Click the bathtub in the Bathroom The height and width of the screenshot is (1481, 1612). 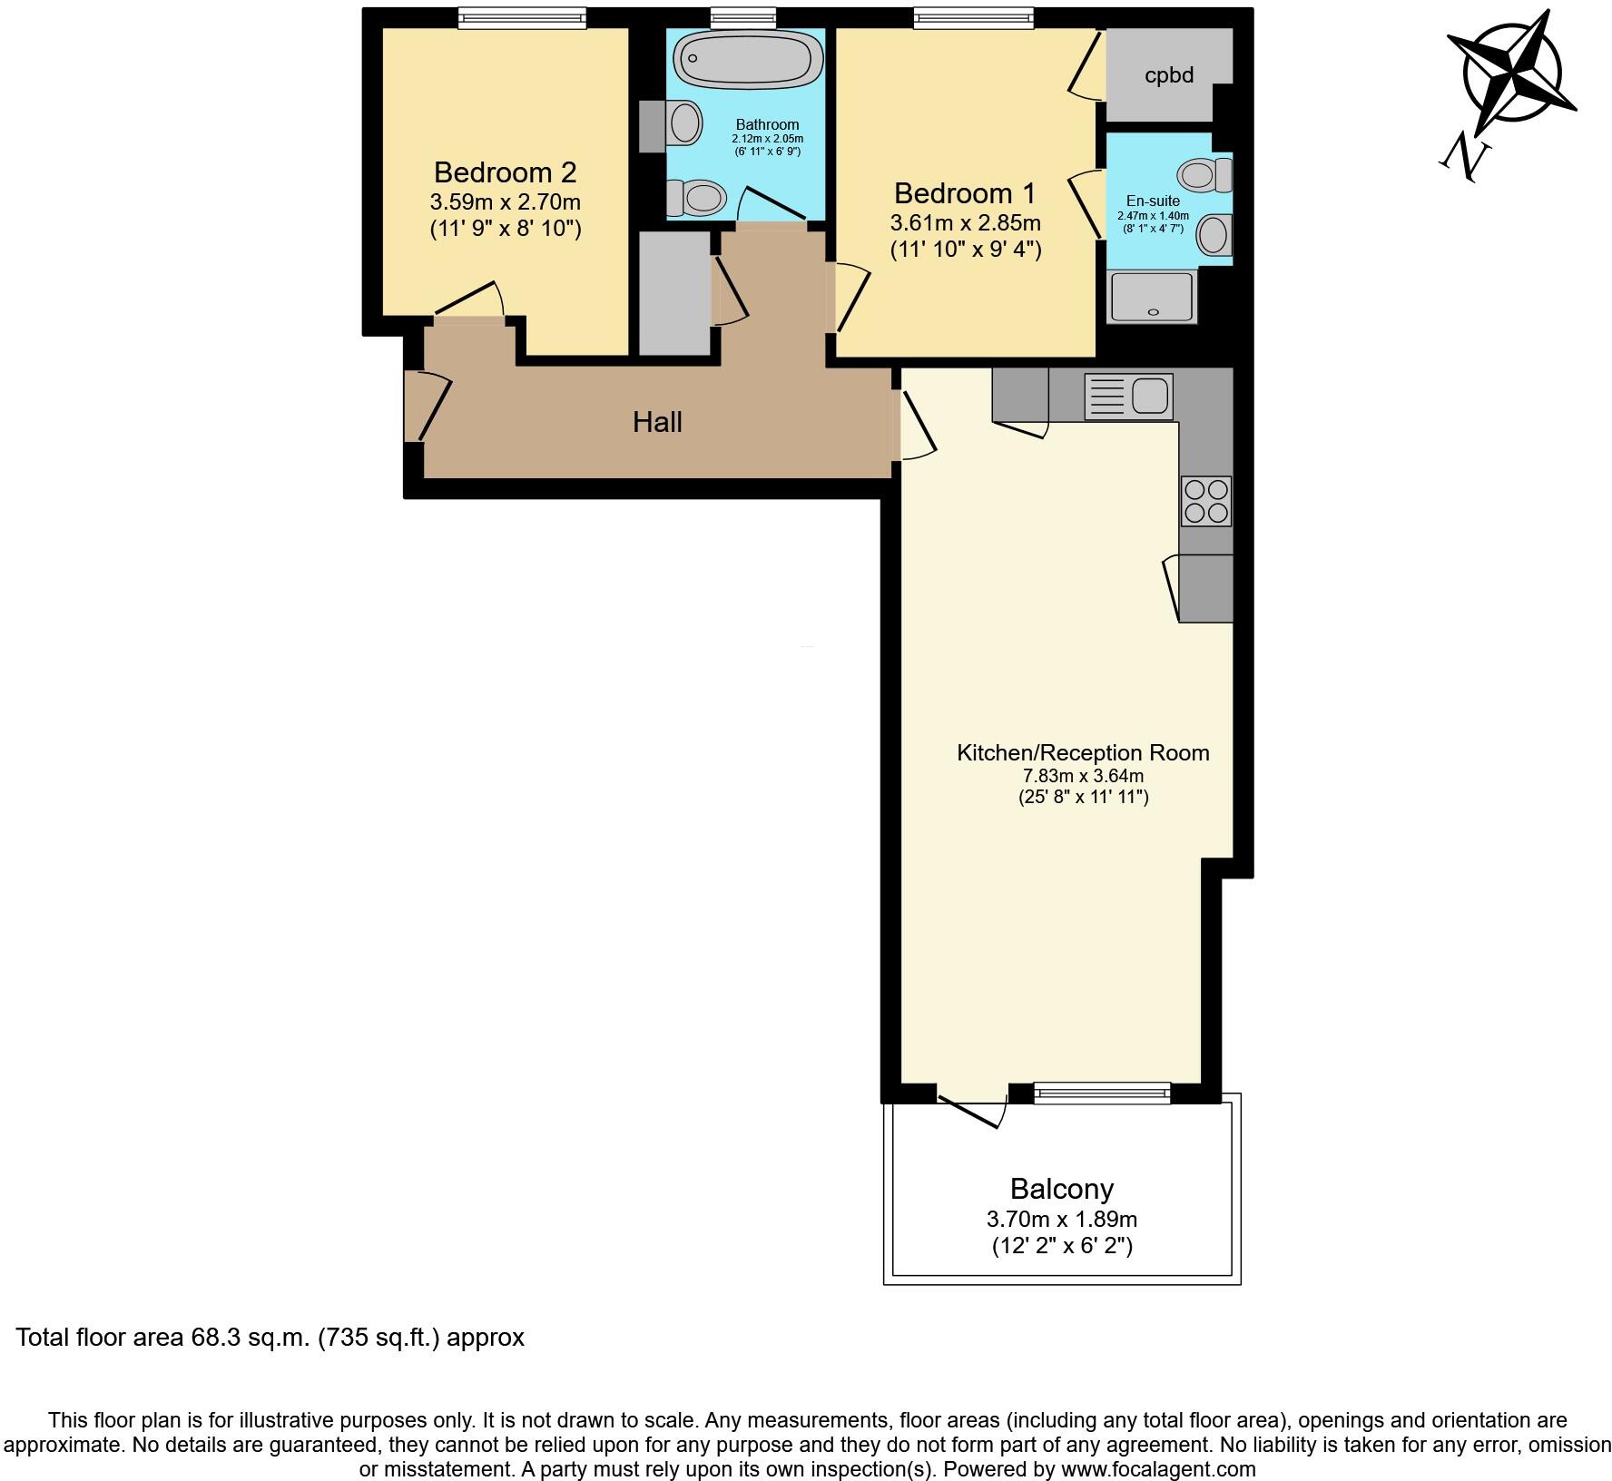(x=748, y=60)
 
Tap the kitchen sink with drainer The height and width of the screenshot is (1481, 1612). (x=1128, y=397)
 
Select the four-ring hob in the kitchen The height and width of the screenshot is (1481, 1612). (x=1206, y=501)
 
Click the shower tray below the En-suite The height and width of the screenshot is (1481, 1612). (x=1151, y=296)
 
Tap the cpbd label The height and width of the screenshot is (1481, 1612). (x=1168, y=75)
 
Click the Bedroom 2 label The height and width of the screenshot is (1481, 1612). (x=505, y=172)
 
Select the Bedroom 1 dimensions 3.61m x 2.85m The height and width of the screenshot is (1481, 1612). (x=965, y=223)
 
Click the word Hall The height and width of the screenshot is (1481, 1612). (x=657, y=422)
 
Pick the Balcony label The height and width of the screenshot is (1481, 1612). (x=1061, y=1189)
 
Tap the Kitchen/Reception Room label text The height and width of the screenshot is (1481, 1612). (x=1083, y=752)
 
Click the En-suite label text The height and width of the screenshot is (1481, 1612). (x=1153, y=201)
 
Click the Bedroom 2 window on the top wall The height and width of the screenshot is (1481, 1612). (x=521, y=17)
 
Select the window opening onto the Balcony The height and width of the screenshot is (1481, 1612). (x=1102, y=1094)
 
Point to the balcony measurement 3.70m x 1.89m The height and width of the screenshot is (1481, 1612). (x=1061, y=1219)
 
